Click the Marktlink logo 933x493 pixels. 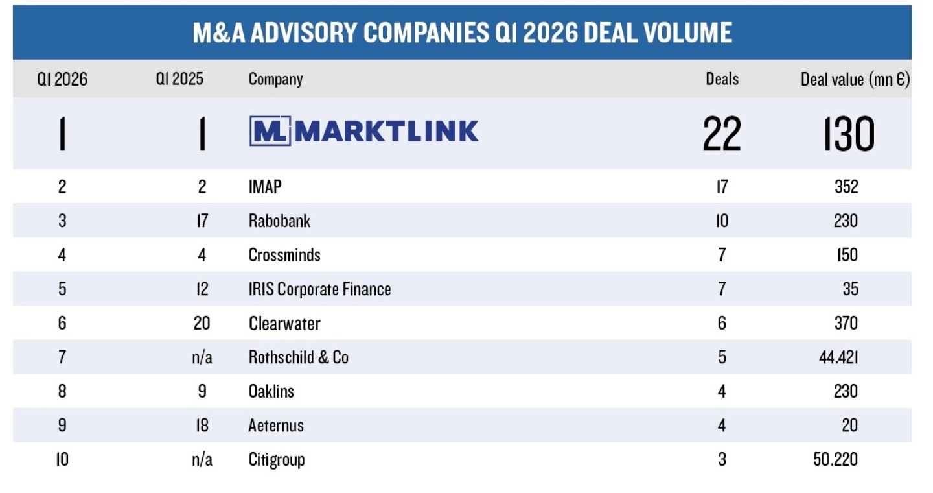pyautogui.click(x=363, y=131)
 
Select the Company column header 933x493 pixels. pyautogui.click(x=275, y=79)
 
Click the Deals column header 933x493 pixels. pyautogui.click(x=722, y=79)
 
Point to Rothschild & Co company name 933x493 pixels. pyautogui.click(x=298, y=357)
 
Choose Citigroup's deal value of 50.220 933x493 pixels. pyautogui.click(x=835, y=459)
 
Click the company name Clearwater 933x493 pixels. pyautogui.click(x=284, y=323)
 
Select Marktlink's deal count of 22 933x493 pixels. pyautogui.click(x=722, y=134)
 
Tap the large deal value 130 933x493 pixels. pyautogui.click(x=849, y=134)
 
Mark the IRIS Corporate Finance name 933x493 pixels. pyautogui.click(x=319, y=289)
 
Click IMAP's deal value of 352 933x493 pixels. pyautogui.click(x=846, y=187)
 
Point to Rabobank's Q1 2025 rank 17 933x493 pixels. pyautogui.click(x=202, y=221)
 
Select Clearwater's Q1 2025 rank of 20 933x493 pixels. pyautogui.click(x=202, y=323)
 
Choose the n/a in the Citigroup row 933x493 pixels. pyautogui.click(x=202, y=459)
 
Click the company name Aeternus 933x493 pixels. pyautogui.click(x=276, y=426)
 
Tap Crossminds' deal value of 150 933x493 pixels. pyautogui.click(x=846, y=255)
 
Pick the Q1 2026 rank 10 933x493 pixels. pyautogui.click(x=62, y=459)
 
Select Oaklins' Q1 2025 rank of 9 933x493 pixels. pyautogui.click(x=202, y=391)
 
